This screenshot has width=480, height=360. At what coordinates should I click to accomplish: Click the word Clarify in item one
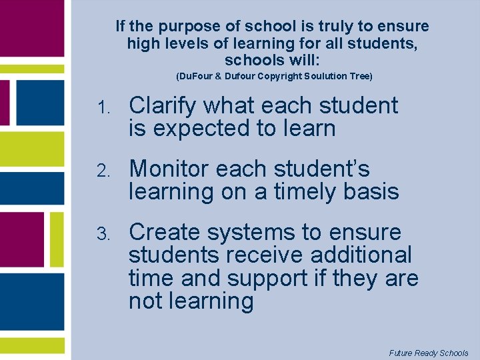[163, 105]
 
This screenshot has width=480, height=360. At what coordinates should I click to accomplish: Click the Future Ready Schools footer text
[428, 353]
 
